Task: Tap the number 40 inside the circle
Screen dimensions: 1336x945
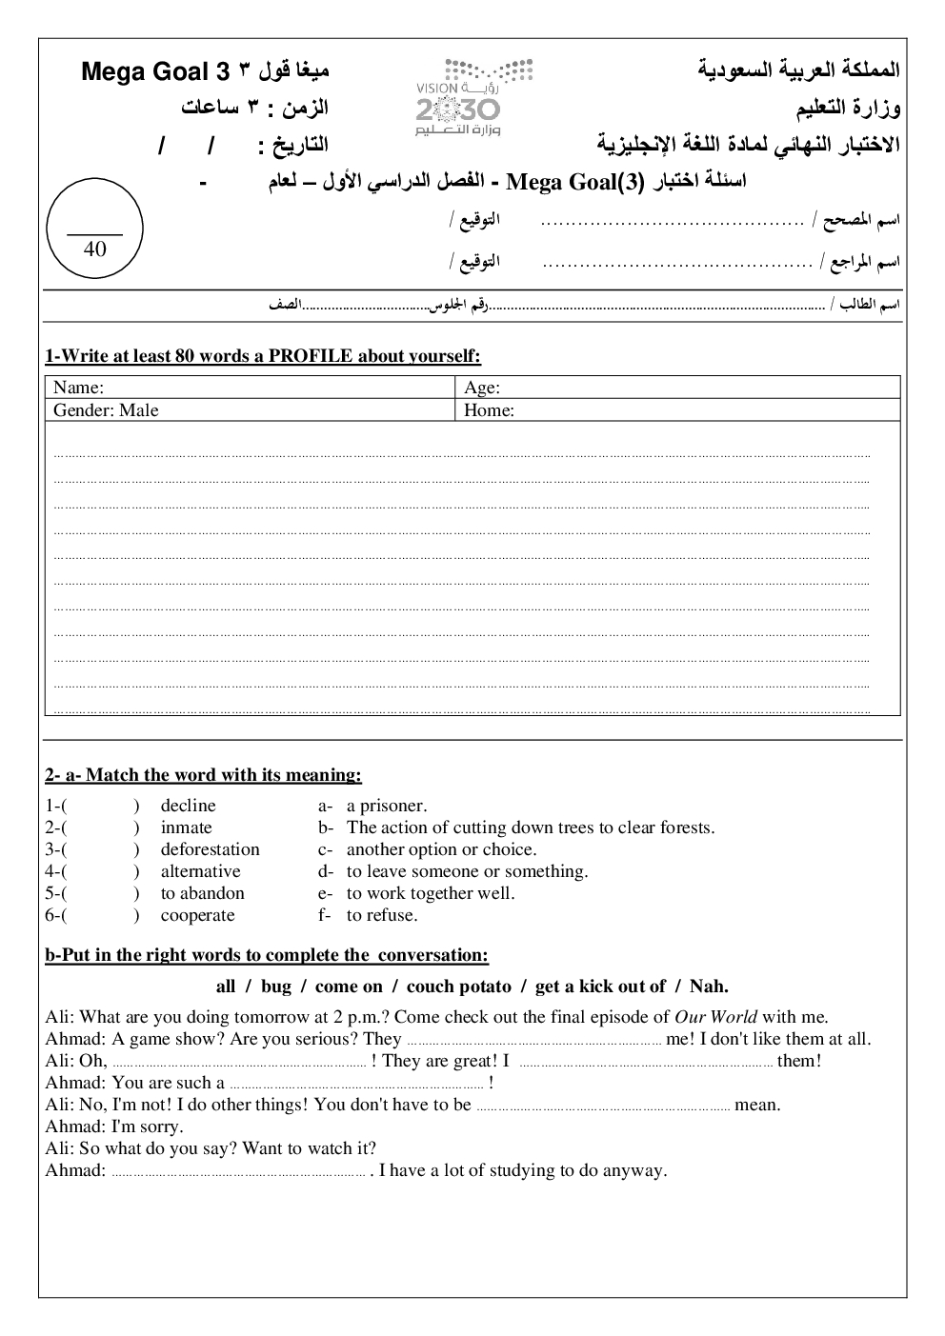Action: (x=95, y=249)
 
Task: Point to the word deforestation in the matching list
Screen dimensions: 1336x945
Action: (x=210, y=849)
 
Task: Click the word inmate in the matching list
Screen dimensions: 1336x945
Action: (x=186, y=828)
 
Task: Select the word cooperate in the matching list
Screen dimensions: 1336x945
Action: (x=197, y=915)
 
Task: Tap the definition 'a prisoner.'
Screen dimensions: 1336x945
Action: (x=387, y=806)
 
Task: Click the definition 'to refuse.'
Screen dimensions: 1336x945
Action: (x=382, y=915)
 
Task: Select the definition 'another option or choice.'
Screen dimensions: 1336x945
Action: (x=441, y=849)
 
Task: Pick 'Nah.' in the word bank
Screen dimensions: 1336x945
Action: (x=708, y=987)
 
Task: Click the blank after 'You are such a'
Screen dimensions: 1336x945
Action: (x=356, y=1084)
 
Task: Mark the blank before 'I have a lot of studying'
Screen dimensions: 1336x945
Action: (x=238, y=1171)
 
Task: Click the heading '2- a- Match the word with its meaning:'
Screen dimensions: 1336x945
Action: (x=203, y=775)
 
